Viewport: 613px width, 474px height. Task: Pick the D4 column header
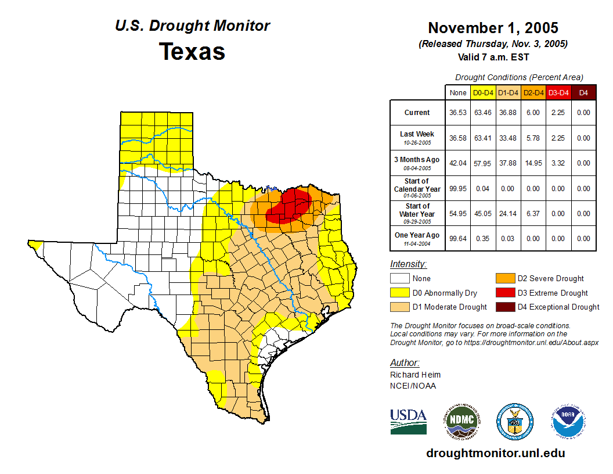click(583, 93)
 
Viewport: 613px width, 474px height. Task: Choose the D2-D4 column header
click(533, 93)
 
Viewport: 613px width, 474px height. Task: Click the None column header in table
click(458, 93)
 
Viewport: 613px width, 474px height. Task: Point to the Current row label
click(417, 113)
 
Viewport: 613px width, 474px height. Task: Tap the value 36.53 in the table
click(458, 113)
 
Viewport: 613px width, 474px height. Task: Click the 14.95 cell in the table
click(533, 163)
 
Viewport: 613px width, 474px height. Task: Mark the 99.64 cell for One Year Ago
click(458, 239)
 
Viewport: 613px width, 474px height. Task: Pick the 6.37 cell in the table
click(533, 214)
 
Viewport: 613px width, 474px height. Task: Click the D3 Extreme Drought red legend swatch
click(504, 293)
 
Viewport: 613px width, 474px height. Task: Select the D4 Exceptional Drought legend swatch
click(504, 307)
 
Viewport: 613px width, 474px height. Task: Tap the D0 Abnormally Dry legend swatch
click(400, 293)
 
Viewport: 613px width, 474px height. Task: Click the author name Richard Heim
click(415, 375)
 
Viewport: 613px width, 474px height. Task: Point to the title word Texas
click(192, 51)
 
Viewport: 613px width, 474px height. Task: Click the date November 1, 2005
click(493, 28)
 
